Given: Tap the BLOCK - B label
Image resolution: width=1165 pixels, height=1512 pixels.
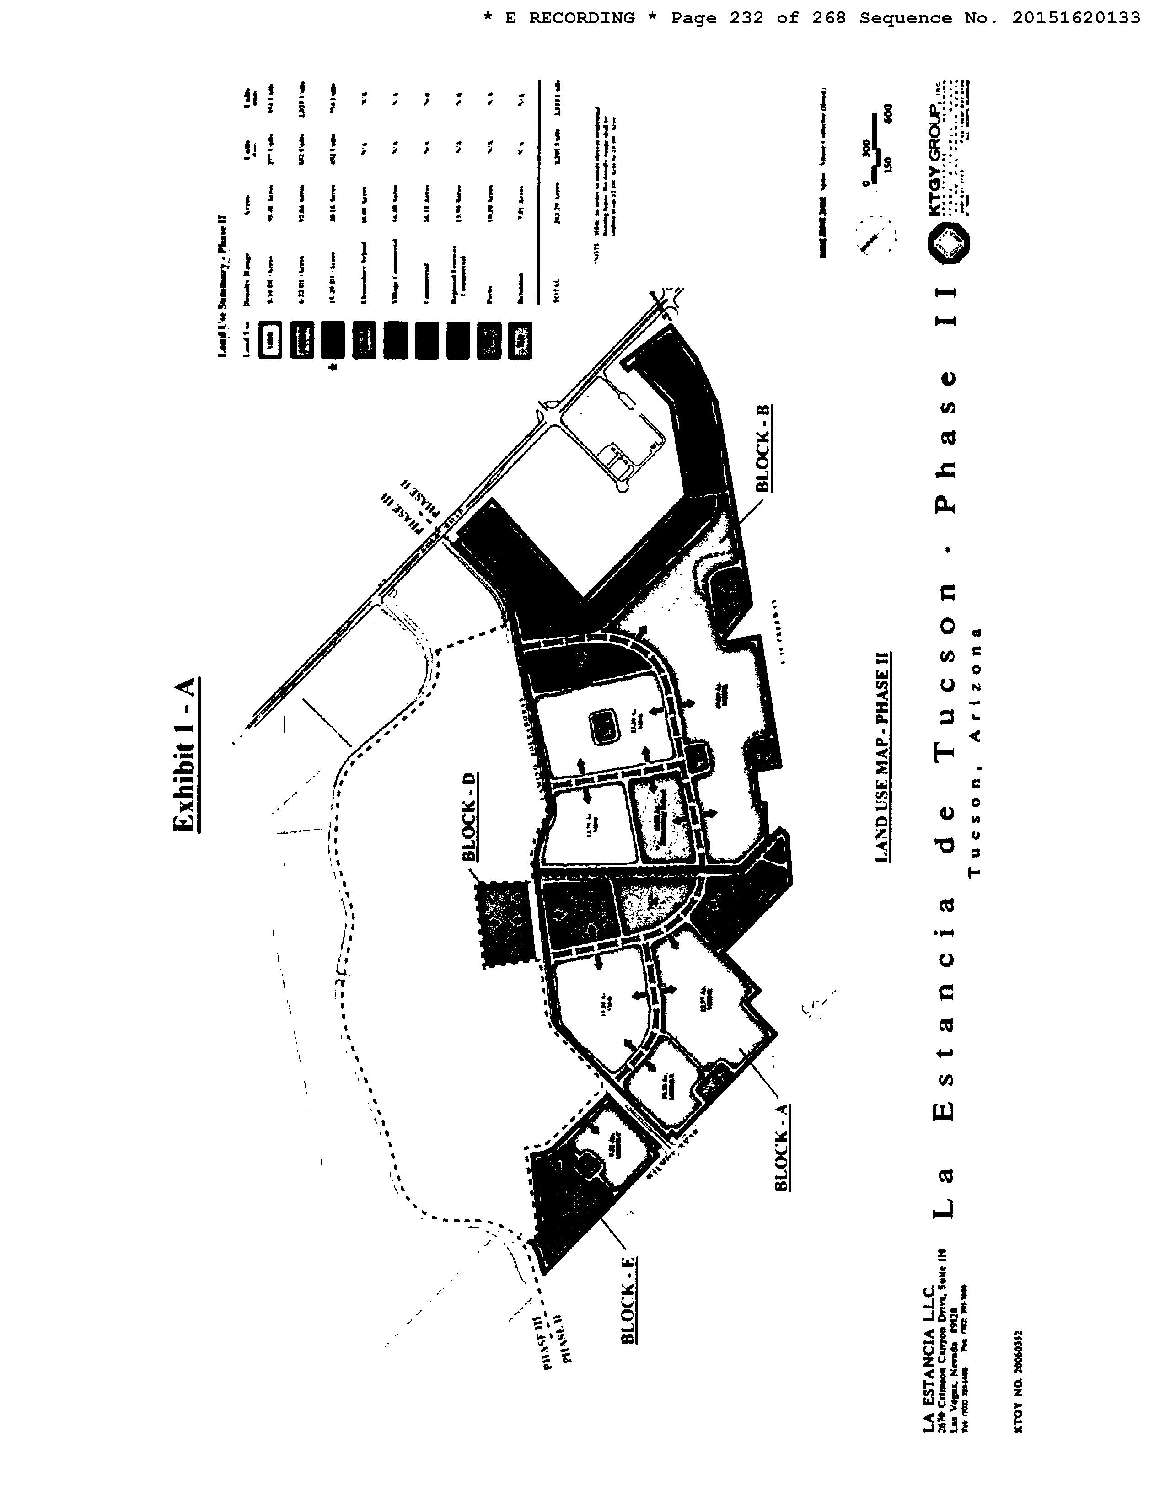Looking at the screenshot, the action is pos(763,449).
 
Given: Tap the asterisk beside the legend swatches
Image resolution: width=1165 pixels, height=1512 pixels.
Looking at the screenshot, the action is pos(334,368).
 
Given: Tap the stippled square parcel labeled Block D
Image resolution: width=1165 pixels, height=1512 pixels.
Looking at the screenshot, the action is pos(506,923).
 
